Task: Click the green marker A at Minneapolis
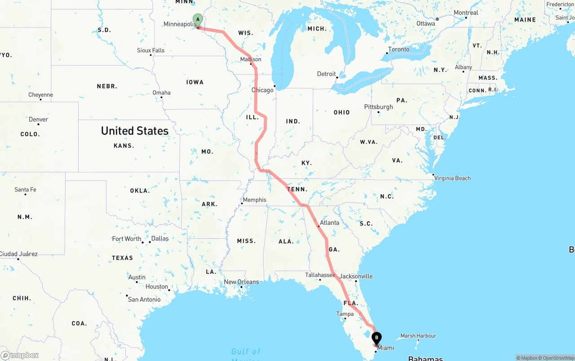(x=198, y=20)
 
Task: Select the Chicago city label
(x=262, y=90)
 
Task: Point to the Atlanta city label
(x=329, y=223)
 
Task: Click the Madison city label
(x=251, y=59)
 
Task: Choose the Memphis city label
(x=254, y=200)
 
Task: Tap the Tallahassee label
(x=320, y=275)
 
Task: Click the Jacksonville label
(x=356, y=276)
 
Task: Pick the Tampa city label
(x=345, y=314)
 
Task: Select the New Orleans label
(x=241, y=282)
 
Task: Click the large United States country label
(x=135, y=131)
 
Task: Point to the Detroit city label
(x=327, y=74)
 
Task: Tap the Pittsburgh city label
(x=378, y=107)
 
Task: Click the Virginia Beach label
(x=452, y=178)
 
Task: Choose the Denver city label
(x=38, y=119)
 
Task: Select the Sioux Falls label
(x=151, y=50)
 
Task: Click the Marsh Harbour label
(x=418, y=336)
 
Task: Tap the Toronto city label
(x=399, y=49)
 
